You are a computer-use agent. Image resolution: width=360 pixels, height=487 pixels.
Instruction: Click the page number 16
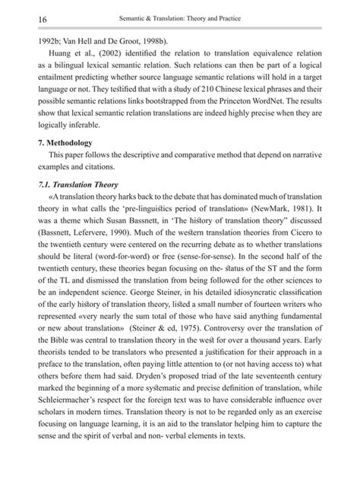point(21,17)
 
